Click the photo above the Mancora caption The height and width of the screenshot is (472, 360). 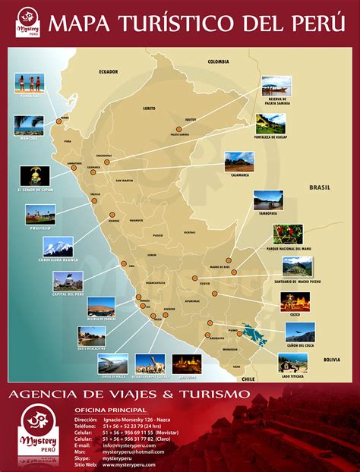click(29, 125)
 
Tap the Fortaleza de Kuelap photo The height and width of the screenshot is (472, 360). click(270, 123)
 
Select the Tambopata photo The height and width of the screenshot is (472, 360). click(268, 200)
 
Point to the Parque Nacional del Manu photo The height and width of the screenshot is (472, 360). click(288, 234)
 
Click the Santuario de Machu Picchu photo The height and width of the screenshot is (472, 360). click(296, 266)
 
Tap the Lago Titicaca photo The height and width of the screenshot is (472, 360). click(292, 362)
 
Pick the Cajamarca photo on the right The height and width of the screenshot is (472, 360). click(239, 162)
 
